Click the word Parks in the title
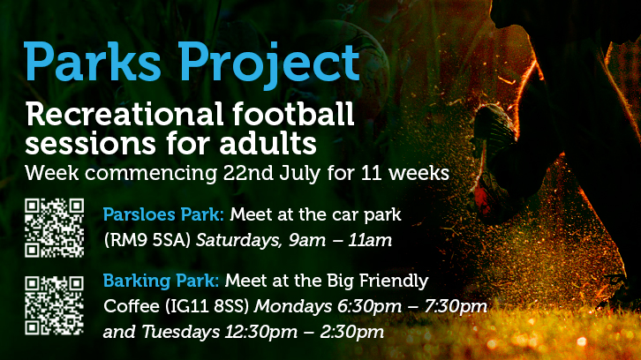(x=93, y=62)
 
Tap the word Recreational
(x=124, y=114)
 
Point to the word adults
(x=268, y=143)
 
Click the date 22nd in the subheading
(x=248, y=173)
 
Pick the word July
(x=300, y=174)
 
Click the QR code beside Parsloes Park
(x=55, y=228)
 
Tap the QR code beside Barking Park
(x=55, y=305)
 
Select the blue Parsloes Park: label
(x=163, y=214)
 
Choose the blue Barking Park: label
(x=161, y=281)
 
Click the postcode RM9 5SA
(x=147, y=240)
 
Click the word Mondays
(x=293, y=307)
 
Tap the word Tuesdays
(x=181, y=332)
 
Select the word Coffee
(x=132, y=306)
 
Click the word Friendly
(x=394, y=281)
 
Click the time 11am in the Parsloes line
(x=370, y=240)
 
